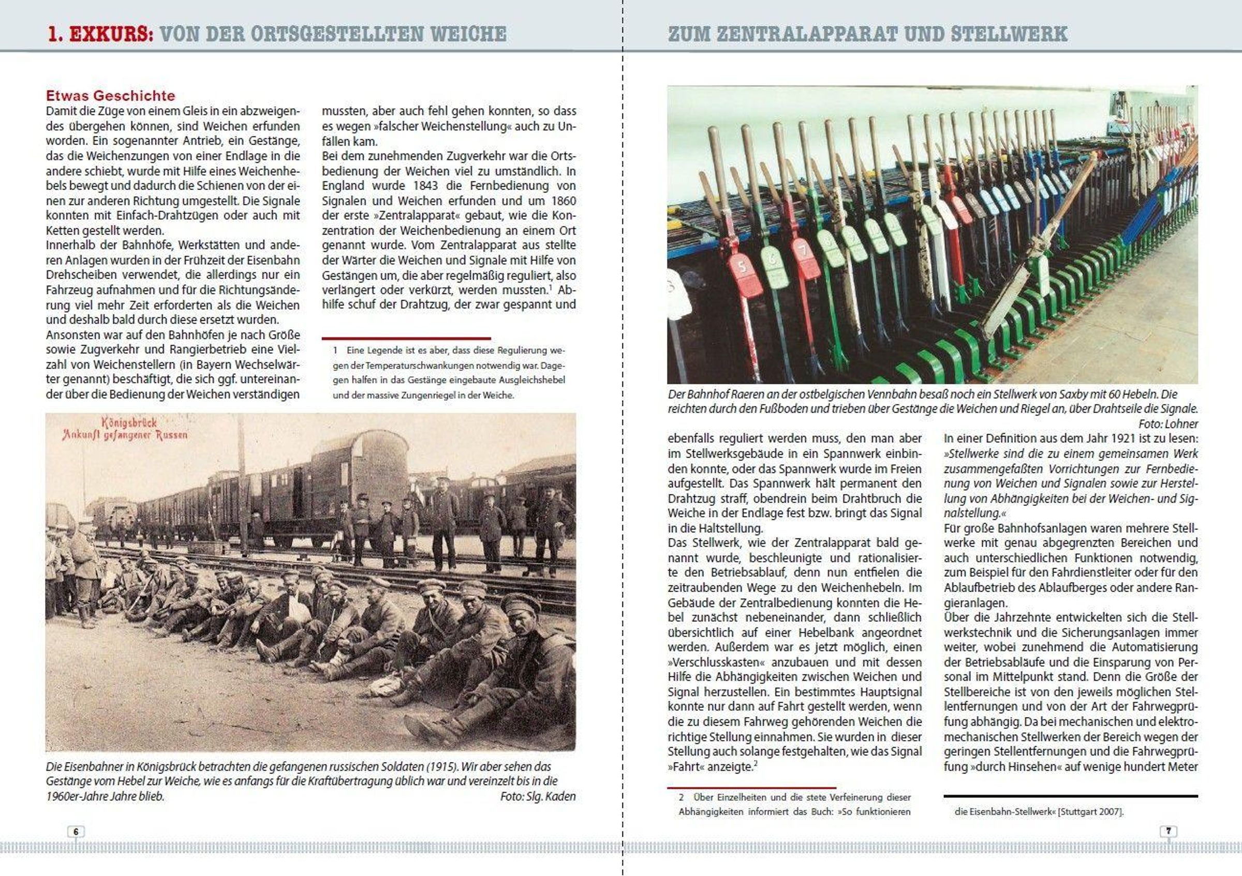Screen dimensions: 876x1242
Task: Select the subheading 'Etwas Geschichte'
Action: pos(110,96)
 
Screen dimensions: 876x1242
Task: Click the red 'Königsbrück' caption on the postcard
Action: pos(129,422)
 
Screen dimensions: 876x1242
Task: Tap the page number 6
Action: pos(76,831)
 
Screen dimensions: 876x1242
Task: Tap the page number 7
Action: pos(1169,830)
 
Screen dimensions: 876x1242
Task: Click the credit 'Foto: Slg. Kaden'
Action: pos(538,796)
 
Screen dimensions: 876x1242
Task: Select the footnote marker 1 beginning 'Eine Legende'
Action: pos(335,350)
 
